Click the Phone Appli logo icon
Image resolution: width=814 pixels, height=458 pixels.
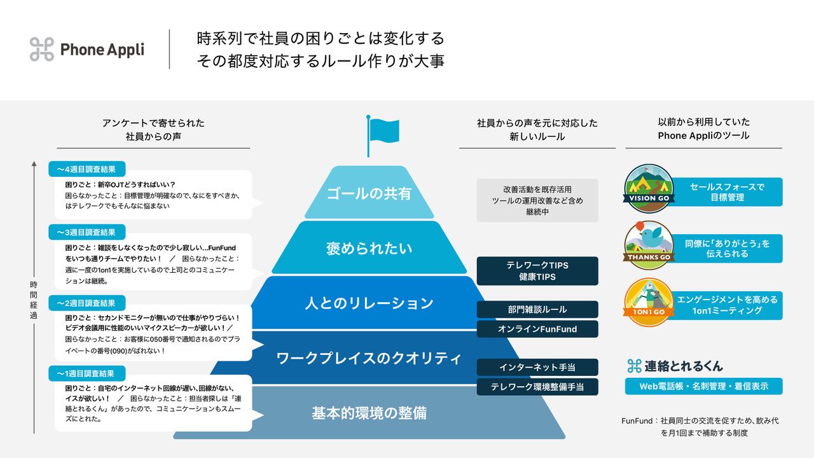[42, 49]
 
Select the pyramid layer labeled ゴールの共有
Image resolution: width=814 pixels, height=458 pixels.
[369, 193]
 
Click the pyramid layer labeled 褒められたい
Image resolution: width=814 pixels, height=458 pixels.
[369, 248]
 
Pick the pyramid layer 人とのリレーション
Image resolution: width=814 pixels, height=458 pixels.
[369, 303]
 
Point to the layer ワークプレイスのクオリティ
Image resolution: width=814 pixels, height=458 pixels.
[369, 358]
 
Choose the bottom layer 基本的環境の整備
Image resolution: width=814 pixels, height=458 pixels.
[369, 413]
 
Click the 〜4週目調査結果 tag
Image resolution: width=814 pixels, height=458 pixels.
[87, 169]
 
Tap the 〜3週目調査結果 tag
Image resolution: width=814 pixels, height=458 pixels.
[87, 232]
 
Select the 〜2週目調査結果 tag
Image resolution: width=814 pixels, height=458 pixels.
[87, 303]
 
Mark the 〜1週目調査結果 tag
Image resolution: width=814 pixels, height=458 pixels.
[87, 373]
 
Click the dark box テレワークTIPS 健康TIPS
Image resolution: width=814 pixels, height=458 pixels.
[537, 271]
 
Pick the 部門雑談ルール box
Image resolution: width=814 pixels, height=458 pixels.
[537, 309]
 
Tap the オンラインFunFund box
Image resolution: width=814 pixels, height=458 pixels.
[537, 329]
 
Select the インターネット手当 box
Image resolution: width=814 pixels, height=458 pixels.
[537, 367]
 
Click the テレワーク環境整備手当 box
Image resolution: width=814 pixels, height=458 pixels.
[537, 387]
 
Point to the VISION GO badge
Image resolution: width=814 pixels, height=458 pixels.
[648, 188]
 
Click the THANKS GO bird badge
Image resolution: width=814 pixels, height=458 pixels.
[648, 244]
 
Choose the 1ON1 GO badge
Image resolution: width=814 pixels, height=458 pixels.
[648, 302]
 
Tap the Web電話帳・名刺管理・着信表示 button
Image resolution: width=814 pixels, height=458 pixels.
[704, 386]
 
